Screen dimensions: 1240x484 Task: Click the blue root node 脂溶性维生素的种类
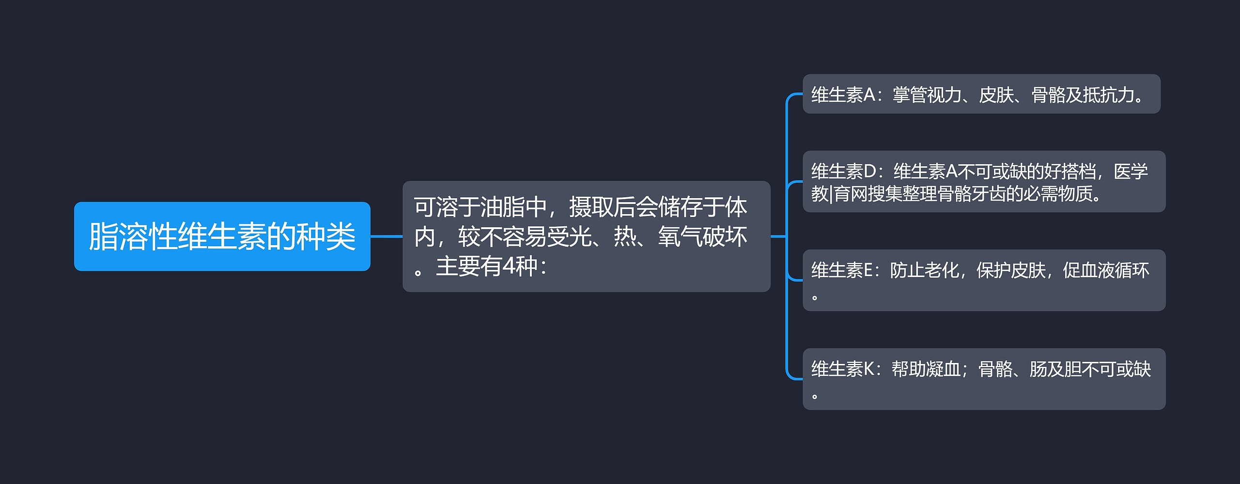point(222,236)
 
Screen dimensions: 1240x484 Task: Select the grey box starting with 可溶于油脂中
point(586,236)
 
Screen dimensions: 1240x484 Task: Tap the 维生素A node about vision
point(981,94)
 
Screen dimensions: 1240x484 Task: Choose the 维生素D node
point(984,182)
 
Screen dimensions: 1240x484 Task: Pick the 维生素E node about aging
point(984,280)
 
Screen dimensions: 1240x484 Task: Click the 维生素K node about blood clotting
point(984,379)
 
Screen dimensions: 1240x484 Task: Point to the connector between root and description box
point(386,236)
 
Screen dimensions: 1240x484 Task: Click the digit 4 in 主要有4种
point(509,266)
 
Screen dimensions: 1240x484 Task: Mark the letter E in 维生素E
point(868,270)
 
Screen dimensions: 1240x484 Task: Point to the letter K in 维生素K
point(869,369)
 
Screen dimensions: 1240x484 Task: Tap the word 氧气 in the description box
point(680,236)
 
